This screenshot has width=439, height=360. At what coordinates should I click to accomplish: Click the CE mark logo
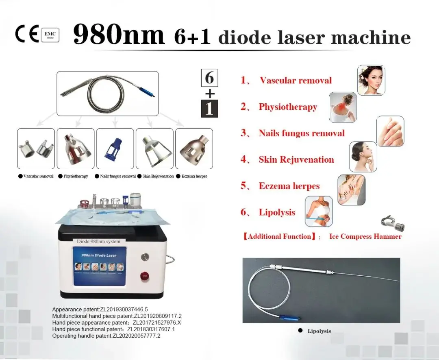click(27, 34)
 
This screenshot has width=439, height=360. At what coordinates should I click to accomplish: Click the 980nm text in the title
click(119, 36)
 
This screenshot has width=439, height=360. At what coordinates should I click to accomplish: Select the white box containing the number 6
click(210, 78)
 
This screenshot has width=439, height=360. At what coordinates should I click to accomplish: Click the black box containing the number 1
click(210, 108)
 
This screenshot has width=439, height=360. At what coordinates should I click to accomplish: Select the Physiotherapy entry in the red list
click(288, 107)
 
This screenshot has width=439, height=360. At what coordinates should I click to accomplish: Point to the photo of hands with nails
click(390, 131)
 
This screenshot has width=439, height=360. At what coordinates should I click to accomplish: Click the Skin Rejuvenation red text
click(296, 159)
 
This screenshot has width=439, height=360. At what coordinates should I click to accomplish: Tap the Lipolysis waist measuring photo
click(319, 211)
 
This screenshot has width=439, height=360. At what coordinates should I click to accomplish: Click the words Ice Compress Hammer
click(365, 236)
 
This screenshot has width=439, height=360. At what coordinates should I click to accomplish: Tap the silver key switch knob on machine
click(144, 257)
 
